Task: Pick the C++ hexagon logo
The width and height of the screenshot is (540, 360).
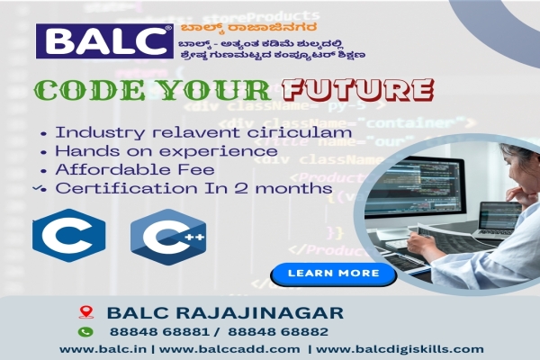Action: pos(168,237)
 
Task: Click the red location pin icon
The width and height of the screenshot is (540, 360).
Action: pos(86,312)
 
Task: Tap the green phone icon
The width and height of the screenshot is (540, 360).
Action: pos(86,331)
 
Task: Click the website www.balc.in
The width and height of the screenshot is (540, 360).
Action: pos(99,349)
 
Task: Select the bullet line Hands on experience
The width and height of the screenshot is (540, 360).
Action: pos(166,151)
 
